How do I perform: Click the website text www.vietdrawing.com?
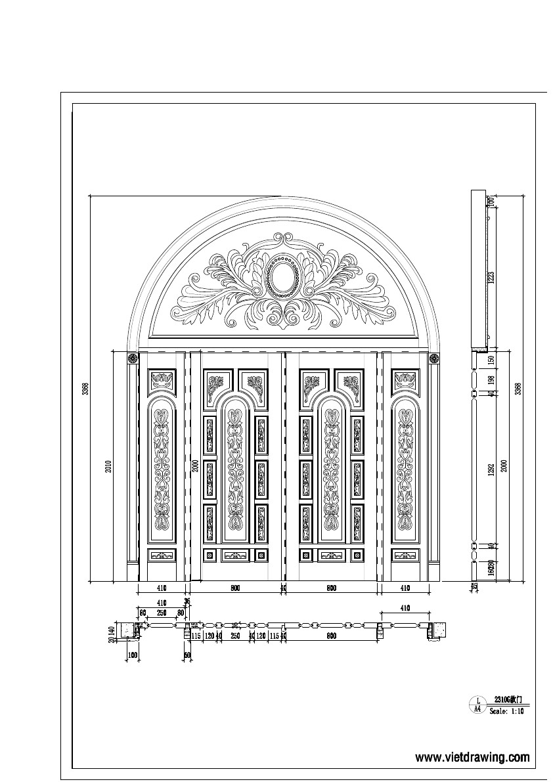click(x=472, y=758)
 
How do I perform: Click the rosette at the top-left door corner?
click(x=131, y=358)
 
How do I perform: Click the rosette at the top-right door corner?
click(x=433, y=358)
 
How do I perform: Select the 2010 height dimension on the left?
click(x=108, y=466)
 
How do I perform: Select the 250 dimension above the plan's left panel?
click(x=162, y=613)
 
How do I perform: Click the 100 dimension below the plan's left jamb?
click(x=133, y=655)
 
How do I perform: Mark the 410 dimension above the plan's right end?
click(x=405, y=609)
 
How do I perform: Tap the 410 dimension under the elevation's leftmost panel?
click(x=162, y=588)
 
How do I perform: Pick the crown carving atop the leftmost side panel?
click(x=162, y=380)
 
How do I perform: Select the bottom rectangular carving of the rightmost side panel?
click(x=405, y=555)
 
